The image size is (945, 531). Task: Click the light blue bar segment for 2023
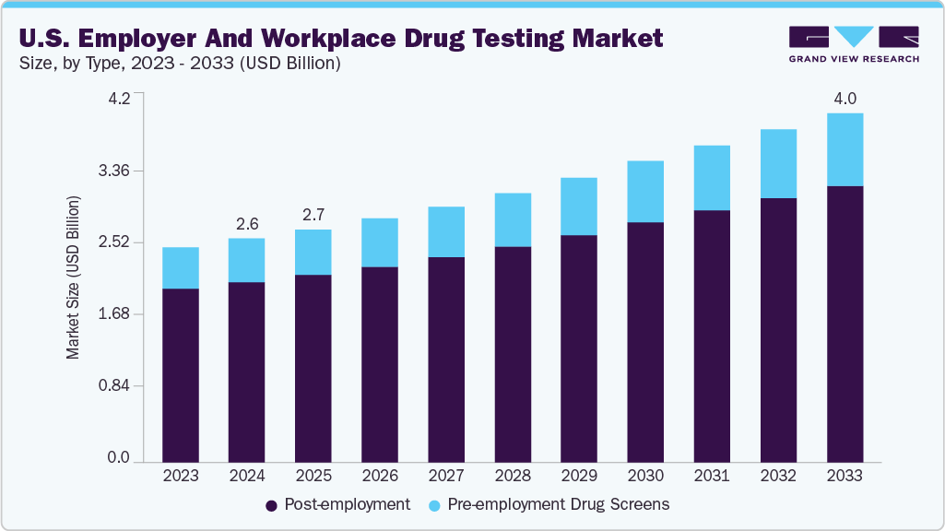(x=181, y=267)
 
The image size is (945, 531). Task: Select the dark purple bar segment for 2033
(x=845, y=323)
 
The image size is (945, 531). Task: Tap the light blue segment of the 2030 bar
(x=645, y=192)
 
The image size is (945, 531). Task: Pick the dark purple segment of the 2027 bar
(x=446, y=359)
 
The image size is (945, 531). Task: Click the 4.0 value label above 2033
(x=845, y=99)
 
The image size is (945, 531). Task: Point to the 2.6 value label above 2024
(x=247, y=224)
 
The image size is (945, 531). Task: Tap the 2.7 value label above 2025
(x=313, y=215)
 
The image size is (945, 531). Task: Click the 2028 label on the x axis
(x=513, y=476)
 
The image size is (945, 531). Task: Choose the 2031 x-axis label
(x=712, y=476)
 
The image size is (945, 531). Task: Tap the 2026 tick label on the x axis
(x=380, y=476)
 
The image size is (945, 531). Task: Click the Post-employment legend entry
(x=337, y=504)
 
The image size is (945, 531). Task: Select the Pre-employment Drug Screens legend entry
(x=549, y=504)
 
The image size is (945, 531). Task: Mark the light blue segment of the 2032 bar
(x=778, y=163)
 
